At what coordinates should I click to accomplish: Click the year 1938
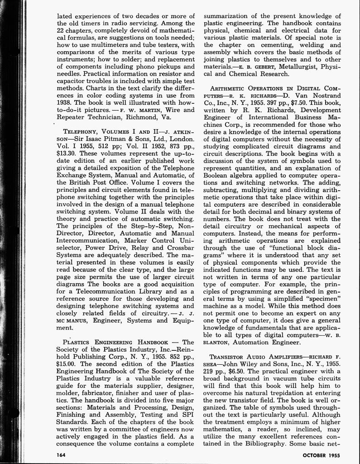pos(67,102)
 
